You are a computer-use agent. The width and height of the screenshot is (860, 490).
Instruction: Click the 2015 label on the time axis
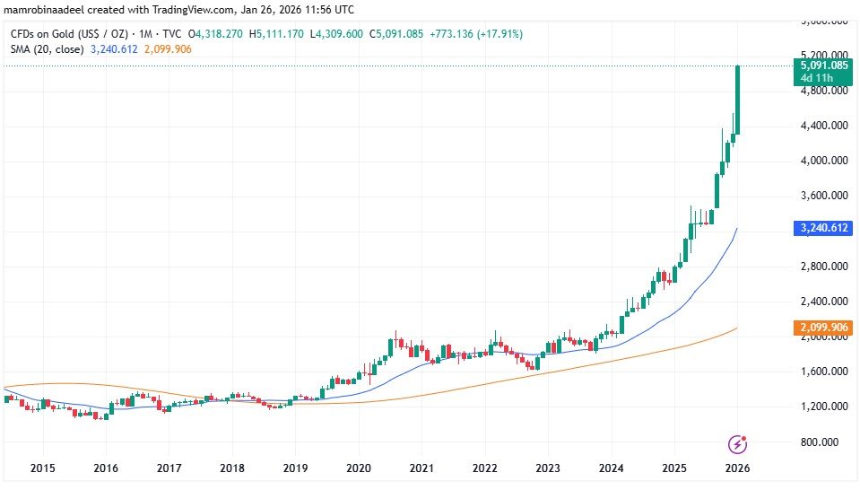42,468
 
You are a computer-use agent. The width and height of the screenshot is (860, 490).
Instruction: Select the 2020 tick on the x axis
358,468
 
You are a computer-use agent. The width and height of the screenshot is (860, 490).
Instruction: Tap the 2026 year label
737,468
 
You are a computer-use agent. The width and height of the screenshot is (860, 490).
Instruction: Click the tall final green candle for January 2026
737,99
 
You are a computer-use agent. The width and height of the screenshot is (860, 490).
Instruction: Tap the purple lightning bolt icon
737,443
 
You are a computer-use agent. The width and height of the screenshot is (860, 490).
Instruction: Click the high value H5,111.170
282,34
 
